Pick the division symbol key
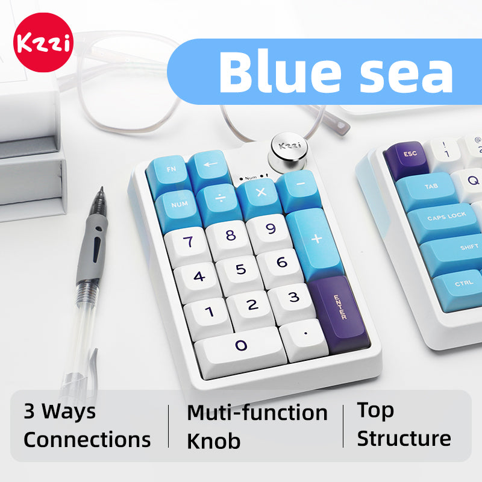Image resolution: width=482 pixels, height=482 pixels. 218,198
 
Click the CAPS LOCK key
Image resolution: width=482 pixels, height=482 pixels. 446,216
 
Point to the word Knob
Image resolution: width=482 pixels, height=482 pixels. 213,441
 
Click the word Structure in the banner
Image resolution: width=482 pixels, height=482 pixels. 404,438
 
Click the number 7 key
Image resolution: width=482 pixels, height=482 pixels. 188,242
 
